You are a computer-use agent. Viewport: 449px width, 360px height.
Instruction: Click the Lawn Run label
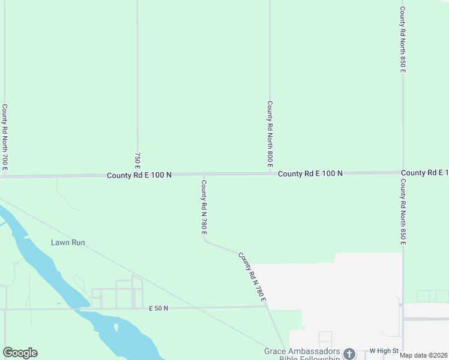68,243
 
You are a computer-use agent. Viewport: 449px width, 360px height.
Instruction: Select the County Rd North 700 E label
5,137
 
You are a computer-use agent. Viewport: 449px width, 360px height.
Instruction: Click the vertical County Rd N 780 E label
205,207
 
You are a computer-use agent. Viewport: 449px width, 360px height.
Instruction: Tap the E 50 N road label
159,308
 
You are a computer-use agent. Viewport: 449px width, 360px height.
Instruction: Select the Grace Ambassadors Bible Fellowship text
303,355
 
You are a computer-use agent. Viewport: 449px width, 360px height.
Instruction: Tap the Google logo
20,353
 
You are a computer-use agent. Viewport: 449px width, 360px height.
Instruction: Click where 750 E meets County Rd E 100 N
137,175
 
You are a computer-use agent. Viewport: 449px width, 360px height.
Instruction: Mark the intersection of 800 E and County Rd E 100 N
270,174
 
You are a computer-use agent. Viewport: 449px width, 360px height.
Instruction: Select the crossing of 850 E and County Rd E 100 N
402,173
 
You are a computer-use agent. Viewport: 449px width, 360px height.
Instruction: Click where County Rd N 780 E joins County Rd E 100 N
204,175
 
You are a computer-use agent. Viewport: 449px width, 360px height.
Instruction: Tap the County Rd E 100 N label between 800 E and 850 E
310,173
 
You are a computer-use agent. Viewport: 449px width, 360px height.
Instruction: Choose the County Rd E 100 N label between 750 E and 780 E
139,175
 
